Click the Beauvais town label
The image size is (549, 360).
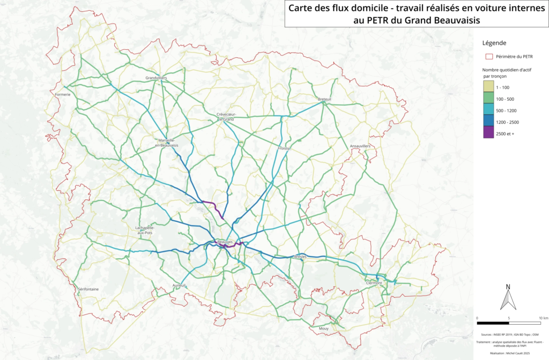(x=225, y=242)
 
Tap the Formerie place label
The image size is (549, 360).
(x=63, y=95)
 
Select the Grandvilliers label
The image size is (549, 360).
(x=157, y=78)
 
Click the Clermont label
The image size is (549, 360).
(x=374, y=283)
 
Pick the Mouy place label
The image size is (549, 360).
(x=323, y=328)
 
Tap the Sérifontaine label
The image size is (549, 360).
(x=88, y=289)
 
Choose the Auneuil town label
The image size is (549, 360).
(x=179, y=286)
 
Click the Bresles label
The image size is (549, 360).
(x=300, y=257)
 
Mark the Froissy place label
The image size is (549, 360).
(x=284, y=148)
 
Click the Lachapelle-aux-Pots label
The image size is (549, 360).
(x=145, y=230)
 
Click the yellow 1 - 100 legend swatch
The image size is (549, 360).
(x=488, y=87)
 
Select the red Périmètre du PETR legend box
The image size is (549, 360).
(x=488, y=56)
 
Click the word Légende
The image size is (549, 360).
(x=494, y=43)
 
